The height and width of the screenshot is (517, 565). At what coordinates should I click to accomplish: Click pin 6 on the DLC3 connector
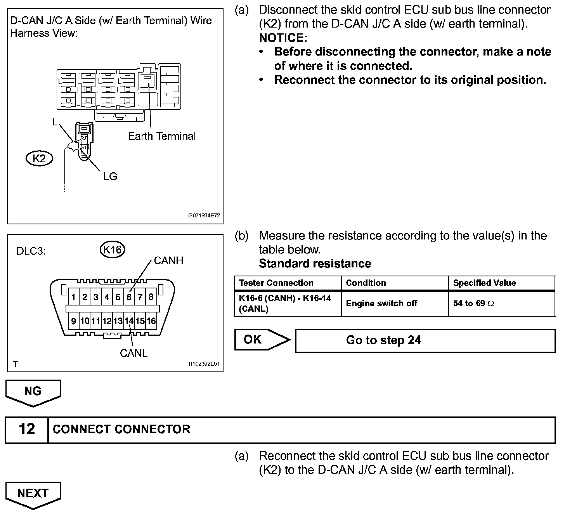coord(129,297)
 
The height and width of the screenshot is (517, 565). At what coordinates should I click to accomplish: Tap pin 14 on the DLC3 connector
coord(129,321)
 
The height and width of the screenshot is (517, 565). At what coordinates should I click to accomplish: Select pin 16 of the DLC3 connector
coord(151,321)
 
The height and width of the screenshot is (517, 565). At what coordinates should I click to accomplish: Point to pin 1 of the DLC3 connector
coord(73,297)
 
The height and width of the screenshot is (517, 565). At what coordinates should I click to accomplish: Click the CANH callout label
coord(168,260)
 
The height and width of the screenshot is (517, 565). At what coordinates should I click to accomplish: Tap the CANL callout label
coord(133,353)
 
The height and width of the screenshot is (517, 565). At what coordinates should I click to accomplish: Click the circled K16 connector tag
coord(113,250)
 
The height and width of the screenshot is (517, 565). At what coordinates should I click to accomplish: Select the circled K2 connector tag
coord(39,158)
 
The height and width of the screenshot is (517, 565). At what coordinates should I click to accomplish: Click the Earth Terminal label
coord(162,136)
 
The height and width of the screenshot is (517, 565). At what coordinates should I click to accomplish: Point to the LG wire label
coord(110,177)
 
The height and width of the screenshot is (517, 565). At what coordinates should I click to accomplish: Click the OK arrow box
coord(262,340)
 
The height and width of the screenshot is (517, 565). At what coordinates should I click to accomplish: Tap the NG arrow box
coord(33,392)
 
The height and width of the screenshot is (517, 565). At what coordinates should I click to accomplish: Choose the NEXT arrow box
coord(33,494)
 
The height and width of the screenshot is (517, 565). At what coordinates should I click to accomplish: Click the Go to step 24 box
coord(425,341)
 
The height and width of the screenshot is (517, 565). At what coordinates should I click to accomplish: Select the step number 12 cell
coord(27,429)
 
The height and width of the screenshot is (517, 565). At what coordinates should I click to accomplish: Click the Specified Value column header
coord(484,283)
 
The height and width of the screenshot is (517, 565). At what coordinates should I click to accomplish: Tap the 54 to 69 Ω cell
coord(473,304)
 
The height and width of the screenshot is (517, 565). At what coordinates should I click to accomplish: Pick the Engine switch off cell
coord(381,304)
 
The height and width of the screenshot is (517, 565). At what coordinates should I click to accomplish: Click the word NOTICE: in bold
coord(283,38)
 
